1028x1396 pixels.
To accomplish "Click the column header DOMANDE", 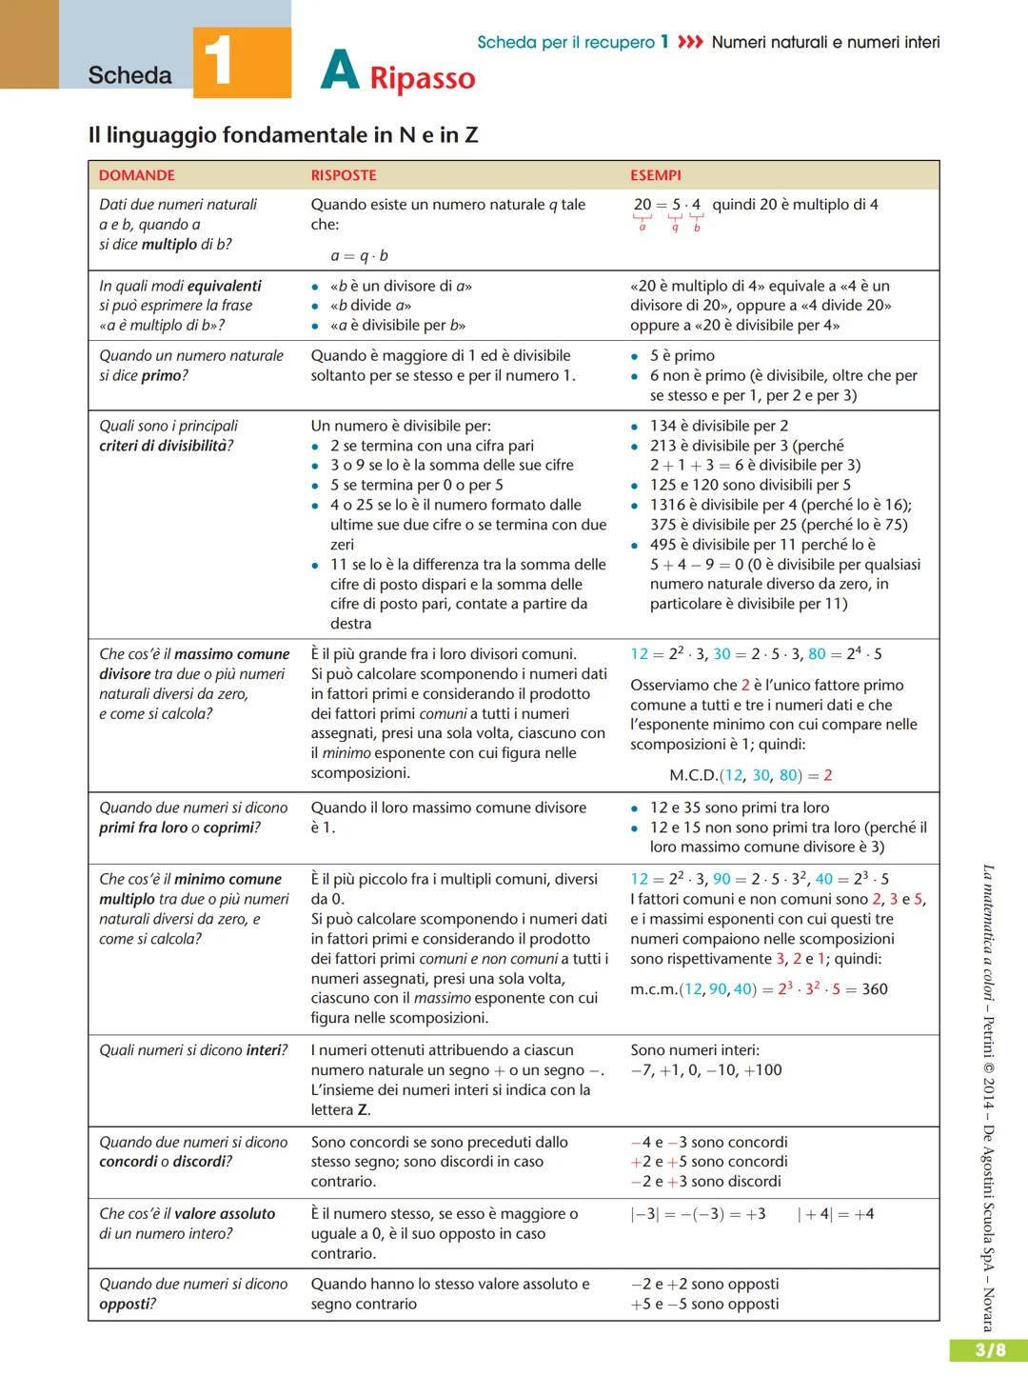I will (137, 175).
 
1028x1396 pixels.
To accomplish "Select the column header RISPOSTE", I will (344, 175).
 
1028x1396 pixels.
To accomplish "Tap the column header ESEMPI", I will (656, 175).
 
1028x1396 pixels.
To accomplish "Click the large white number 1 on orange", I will (220, 62).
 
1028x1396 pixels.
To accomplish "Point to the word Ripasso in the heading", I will (422, 77).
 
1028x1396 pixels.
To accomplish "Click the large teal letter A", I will (340, 70).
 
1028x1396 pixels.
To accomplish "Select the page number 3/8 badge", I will (988, 1350).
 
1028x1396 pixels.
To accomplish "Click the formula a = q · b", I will (359, 255).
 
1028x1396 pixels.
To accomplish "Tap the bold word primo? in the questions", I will (164, 375).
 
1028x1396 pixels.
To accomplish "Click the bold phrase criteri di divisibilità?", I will (166, 446).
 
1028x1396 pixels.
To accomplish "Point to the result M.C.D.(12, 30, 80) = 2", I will (750, 775).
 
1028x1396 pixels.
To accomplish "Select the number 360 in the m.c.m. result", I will (874, 989).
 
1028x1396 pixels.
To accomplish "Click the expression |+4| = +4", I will (836, 1214).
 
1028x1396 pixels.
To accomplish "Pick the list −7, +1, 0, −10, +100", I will (705, 1069).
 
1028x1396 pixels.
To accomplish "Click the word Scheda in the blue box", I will (129, 75).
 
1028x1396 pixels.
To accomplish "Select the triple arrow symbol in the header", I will (690, 42).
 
